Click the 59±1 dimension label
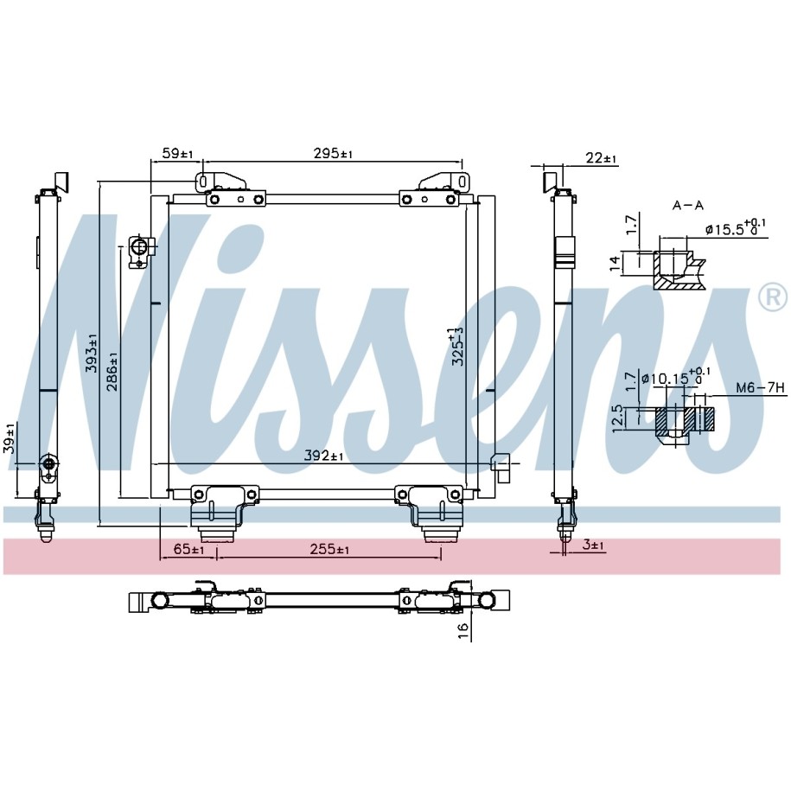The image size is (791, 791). [x=178, y=153]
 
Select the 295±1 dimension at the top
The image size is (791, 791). [x=333, y=153]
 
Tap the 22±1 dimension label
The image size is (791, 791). [x=602, y=158]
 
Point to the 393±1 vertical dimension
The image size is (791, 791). [x=92, y=353]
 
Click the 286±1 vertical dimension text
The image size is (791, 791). [x=112, y=372]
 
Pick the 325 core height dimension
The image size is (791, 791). [x=457, y=346]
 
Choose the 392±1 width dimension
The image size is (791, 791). [x=323, y=456]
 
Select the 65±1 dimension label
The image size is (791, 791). [x=188, y=549]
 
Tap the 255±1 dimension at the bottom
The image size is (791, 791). [x=329, y=549]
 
